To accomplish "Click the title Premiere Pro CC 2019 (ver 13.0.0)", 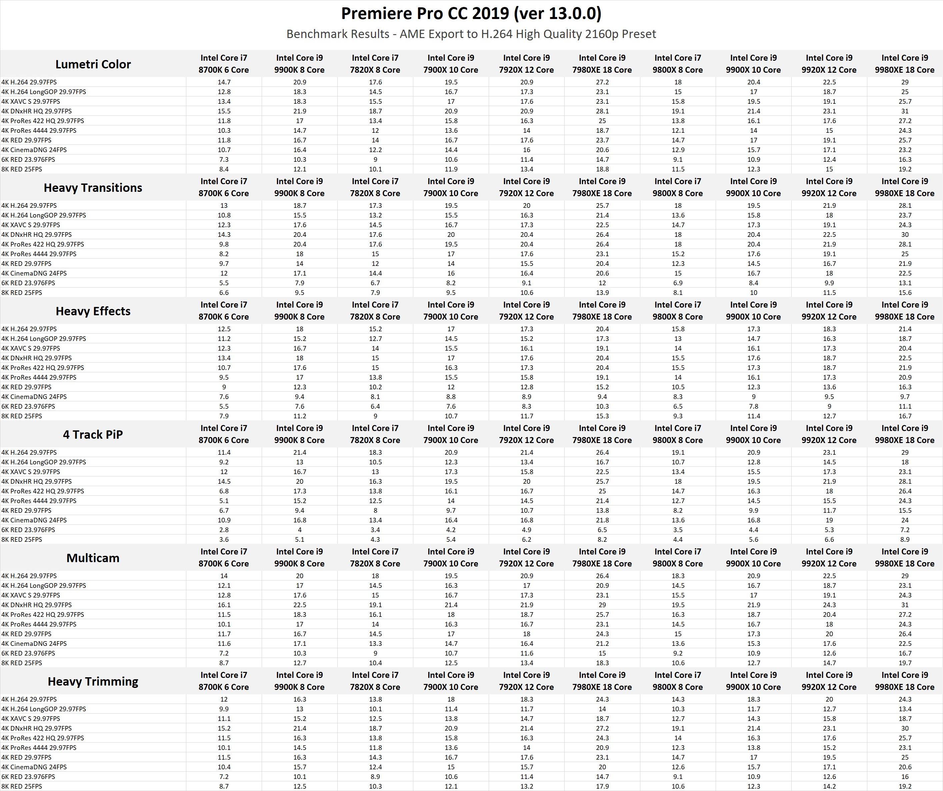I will [471, 13].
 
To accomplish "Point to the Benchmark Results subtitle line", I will [471, 34].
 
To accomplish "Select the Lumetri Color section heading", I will [93, 64].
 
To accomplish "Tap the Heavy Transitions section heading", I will [93, 188].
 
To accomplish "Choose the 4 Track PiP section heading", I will [93, 435].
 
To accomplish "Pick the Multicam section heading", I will [93, 558].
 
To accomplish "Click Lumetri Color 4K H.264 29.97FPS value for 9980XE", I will [904, 82].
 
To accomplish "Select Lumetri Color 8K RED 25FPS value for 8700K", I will [224, 169].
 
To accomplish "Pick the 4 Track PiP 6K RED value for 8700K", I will [224, 530].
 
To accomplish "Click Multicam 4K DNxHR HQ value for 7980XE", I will [602, 605].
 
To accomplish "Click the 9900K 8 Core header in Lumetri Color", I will [300, 64].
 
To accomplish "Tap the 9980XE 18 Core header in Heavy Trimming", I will [904, 681].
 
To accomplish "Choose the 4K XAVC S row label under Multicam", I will [31, 596].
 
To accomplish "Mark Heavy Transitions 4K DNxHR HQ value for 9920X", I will [829, 235].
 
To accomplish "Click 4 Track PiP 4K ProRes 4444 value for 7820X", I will [375, 501].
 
